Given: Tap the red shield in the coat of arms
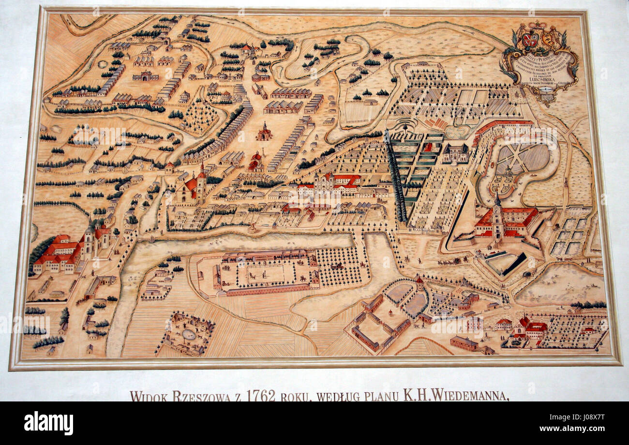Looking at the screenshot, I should tap(529, 40).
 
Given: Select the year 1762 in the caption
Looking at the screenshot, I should tap(261, 395).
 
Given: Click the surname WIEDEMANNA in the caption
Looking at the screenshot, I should tap(469, 396).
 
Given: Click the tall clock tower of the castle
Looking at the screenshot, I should tap(497, 218).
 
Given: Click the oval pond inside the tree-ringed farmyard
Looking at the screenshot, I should tap(188, 334).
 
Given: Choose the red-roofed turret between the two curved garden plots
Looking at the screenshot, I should tap(419, 283).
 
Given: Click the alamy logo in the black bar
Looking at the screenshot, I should tap(48, 423).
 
